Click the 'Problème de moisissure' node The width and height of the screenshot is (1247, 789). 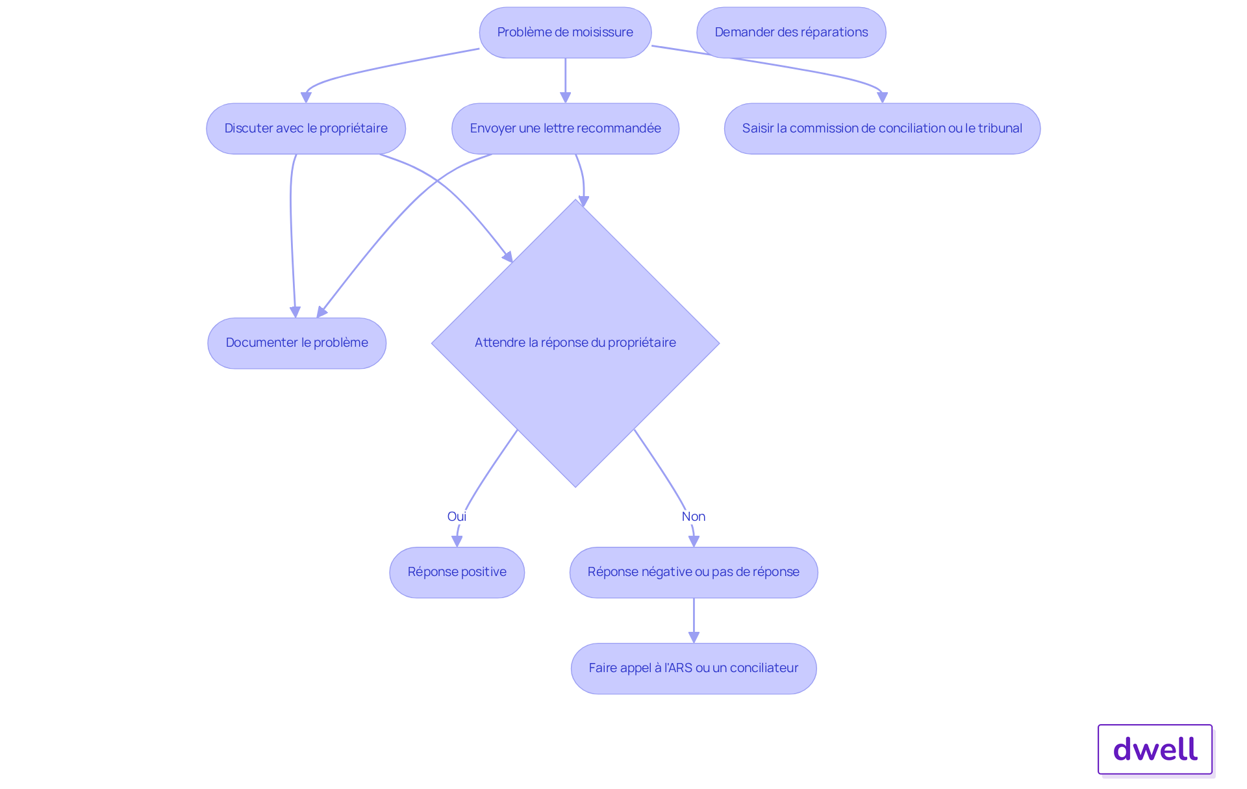pos(564,32)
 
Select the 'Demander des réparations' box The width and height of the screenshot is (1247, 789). pos(790,32)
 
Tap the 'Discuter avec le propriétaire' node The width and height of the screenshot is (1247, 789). pos(305,129)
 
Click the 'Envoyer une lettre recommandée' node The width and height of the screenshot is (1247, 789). pos(565,129)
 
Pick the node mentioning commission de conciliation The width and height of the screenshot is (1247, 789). pos(881,129)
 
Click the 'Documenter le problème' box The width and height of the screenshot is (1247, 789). pos(297,343)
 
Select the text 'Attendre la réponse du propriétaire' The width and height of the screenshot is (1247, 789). pos(575,343)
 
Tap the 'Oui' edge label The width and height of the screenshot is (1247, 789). pos(457,516)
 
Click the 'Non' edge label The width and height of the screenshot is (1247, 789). pos(693,516)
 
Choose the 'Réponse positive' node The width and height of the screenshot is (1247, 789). pos(457,572)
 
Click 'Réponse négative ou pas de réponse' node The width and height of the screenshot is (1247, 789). pos(693,572)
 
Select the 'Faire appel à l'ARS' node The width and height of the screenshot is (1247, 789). pos(693,668)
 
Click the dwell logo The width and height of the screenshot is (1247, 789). pos(1155,749)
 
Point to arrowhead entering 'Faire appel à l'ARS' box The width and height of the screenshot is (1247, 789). pos(694,638)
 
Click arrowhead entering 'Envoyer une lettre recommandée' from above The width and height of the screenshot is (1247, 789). pos(565,97)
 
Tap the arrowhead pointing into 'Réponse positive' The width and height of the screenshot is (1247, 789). pos(457,541)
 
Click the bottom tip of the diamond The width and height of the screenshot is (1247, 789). pos(575,486)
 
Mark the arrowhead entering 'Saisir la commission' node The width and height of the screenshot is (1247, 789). pos(882,97)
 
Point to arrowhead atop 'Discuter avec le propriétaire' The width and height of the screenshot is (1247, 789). pos(306,97)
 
